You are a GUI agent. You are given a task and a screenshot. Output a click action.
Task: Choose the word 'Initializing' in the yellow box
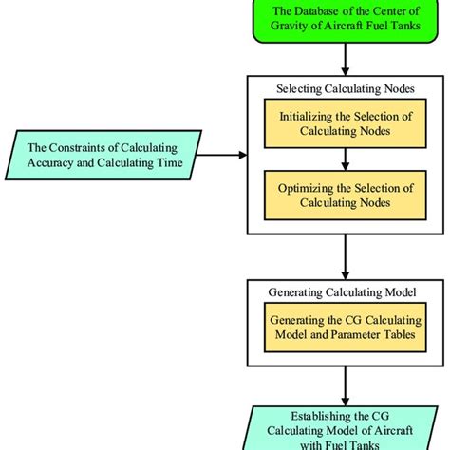point(309,116)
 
